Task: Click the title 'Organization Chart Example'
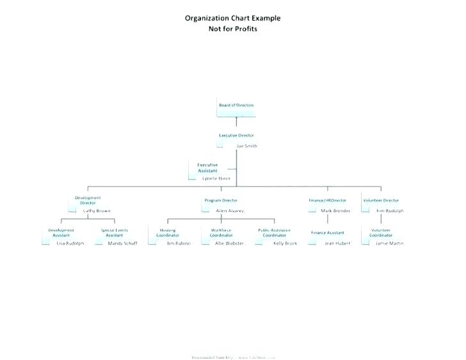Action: pyautogui.click(x=232, y=18)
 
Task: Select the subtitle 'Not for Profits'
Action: pyautogui.click(x=232, y=29)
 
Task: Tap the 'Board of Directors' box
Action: pyautogui.click(x=236, y=105)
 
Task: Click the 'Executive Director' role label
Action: pyautogui.click(x=236, y=136)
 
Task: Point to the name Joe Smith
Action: pyautogui.click(x=246, y=146)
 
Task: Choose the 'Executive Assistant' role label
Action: pyautogui.click(x=207, y=168)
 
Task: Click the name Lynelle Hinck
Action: pyautogui.click(x=216, y=178)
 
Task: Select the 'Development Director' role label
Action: pyautogui.click(x=88, y=200)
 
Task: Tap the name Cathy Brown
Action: pyautogui.click(x=97, y=211)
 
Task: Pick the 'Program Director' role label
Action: pyautogui.click(x=221, y=200)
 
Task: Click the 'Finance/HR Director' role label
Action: pyautogui.click(x=327, y=200)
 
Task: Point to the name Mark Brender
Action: pyautogui.click(x=335, y=211)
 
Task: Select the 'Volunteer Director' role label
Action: pyautogui.click(x=381, y=200)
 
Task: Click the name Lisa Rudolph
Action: pyautogui.click(x=70, y=243)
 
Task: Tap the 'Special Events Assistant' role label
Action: pyautogui.click(x=115, y=233)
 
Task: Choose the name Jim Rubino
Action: pyautogui.click(x=179, y=243)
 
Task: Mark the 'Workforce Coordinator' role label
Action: pyautogui.click(x=221, y=233)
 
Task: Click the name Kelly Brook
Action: pyautogui.click(x=285, y=243)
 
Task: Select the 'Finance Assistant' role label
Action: pyautogui.click(x=327, y=233)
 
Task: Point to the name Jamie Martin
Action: pyautogui.click(x=390, y=243)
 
